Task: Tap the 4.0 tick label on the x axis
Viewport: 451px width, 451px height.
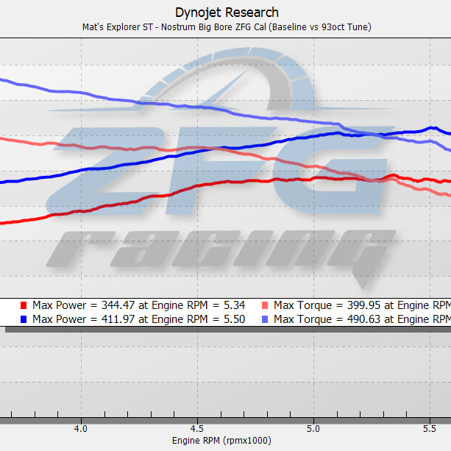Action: point(80,427)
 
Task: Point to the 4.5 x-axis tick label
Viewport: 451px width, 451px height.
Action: point(196,427)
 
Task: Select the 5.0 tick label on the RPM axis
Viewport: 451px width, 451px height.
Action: point(313,427)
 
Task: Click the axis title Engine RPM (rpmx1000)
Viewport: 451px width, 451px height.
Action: point(221,440)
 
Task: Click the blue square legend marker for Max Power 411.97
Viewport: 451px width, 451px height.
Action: point(24,319)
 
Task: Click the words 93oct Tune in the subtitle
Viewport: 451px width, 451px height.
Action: point(346,27)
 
